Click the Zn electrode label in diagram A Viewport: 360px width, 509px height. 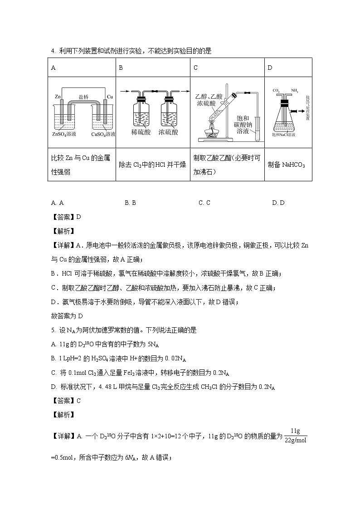click(58, 97)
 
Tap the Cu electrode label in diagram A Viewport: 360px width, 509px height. click(110, 97)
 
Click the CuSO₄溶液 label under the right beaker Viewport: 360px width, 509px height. click(103, 134)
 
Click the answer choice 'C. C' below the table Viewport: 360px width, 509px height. click(204, 203)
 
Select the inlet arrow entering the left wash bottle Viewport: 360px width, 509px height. click(123, 92)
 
